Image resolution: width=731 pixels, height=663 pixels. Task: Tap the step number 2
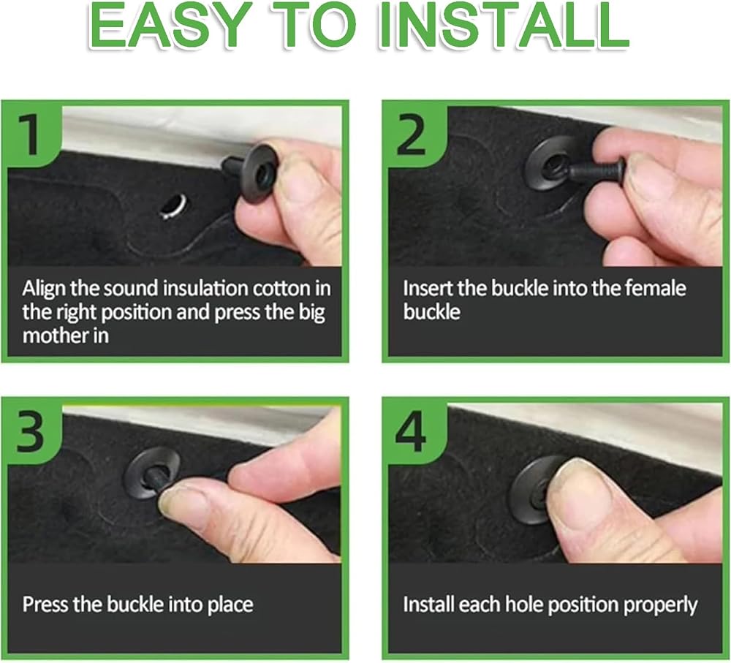pos(411,135)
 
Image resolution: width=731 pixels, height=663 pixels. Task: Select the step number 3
pos(30,432)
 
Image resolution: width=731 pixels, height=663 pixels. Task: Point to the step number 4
pos(410,432)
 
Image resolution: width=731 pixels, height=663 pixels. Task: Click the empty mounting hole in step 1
pos(173,207)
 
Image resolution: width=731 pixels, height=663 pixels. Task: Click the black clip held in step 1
pos(251,173)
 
